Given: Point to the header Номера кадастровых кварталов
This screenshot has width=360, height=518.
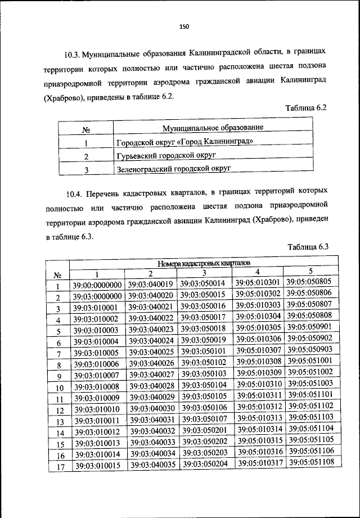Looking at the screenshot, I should pos(203,263).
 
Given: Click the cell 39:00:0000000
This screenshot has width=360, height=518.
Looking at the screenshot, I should pos(97,286).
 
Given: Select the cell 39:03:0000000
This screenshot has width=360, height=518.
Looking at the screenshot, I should pos(97,297).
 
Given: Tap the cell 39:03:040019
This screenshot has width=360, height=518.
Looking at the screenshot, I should pos(150,285).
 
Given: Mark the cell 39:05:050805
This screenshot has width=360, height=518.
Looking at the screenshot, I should pos(309,282).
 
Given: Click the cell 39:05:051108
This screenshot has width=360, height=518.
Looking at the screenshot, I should pos(310,462).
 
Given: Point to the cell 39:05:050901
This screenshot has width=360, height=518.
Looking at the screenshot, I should pos(309,327).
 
